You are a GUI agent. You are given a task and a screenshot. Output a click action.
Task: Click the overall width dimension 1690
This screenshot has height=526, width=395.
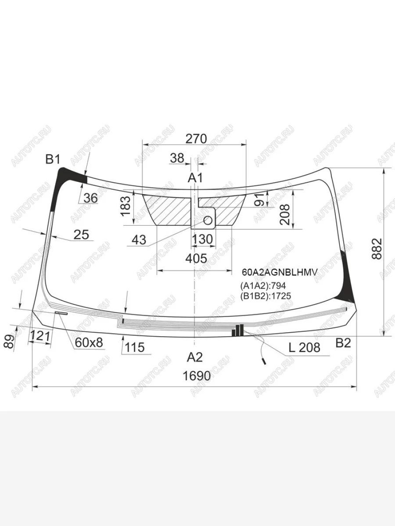click(197, 376)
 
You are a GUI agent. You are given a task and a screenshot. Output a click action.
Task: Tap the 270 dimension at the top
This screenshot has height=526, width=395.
click(196, 139)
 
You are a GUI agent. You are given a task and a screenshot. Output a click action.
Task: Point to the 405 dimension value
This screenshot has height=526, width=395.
click(196, 258)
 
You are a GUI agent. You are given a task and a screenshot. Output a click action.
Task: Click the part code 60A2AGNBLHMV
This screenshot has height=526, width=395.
click(280, 272)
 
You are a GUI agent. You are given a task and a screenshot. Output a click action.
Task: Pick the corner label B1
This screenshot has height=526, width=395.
click(53, 159)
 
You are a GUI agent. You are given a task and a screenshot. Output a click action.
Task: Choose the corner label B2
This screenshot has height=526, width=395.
click(343, 343)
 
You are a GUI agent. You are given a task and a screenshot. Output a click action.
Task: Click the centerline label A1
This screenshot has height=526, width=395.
click(195, 178)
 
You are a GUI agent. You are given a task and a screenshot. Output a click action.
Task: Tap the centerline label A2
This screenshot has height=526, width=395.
click(195, 357)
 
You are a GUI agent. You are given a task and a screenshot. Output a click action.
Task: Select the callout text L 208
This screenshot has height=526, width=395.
click(305, 347)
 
